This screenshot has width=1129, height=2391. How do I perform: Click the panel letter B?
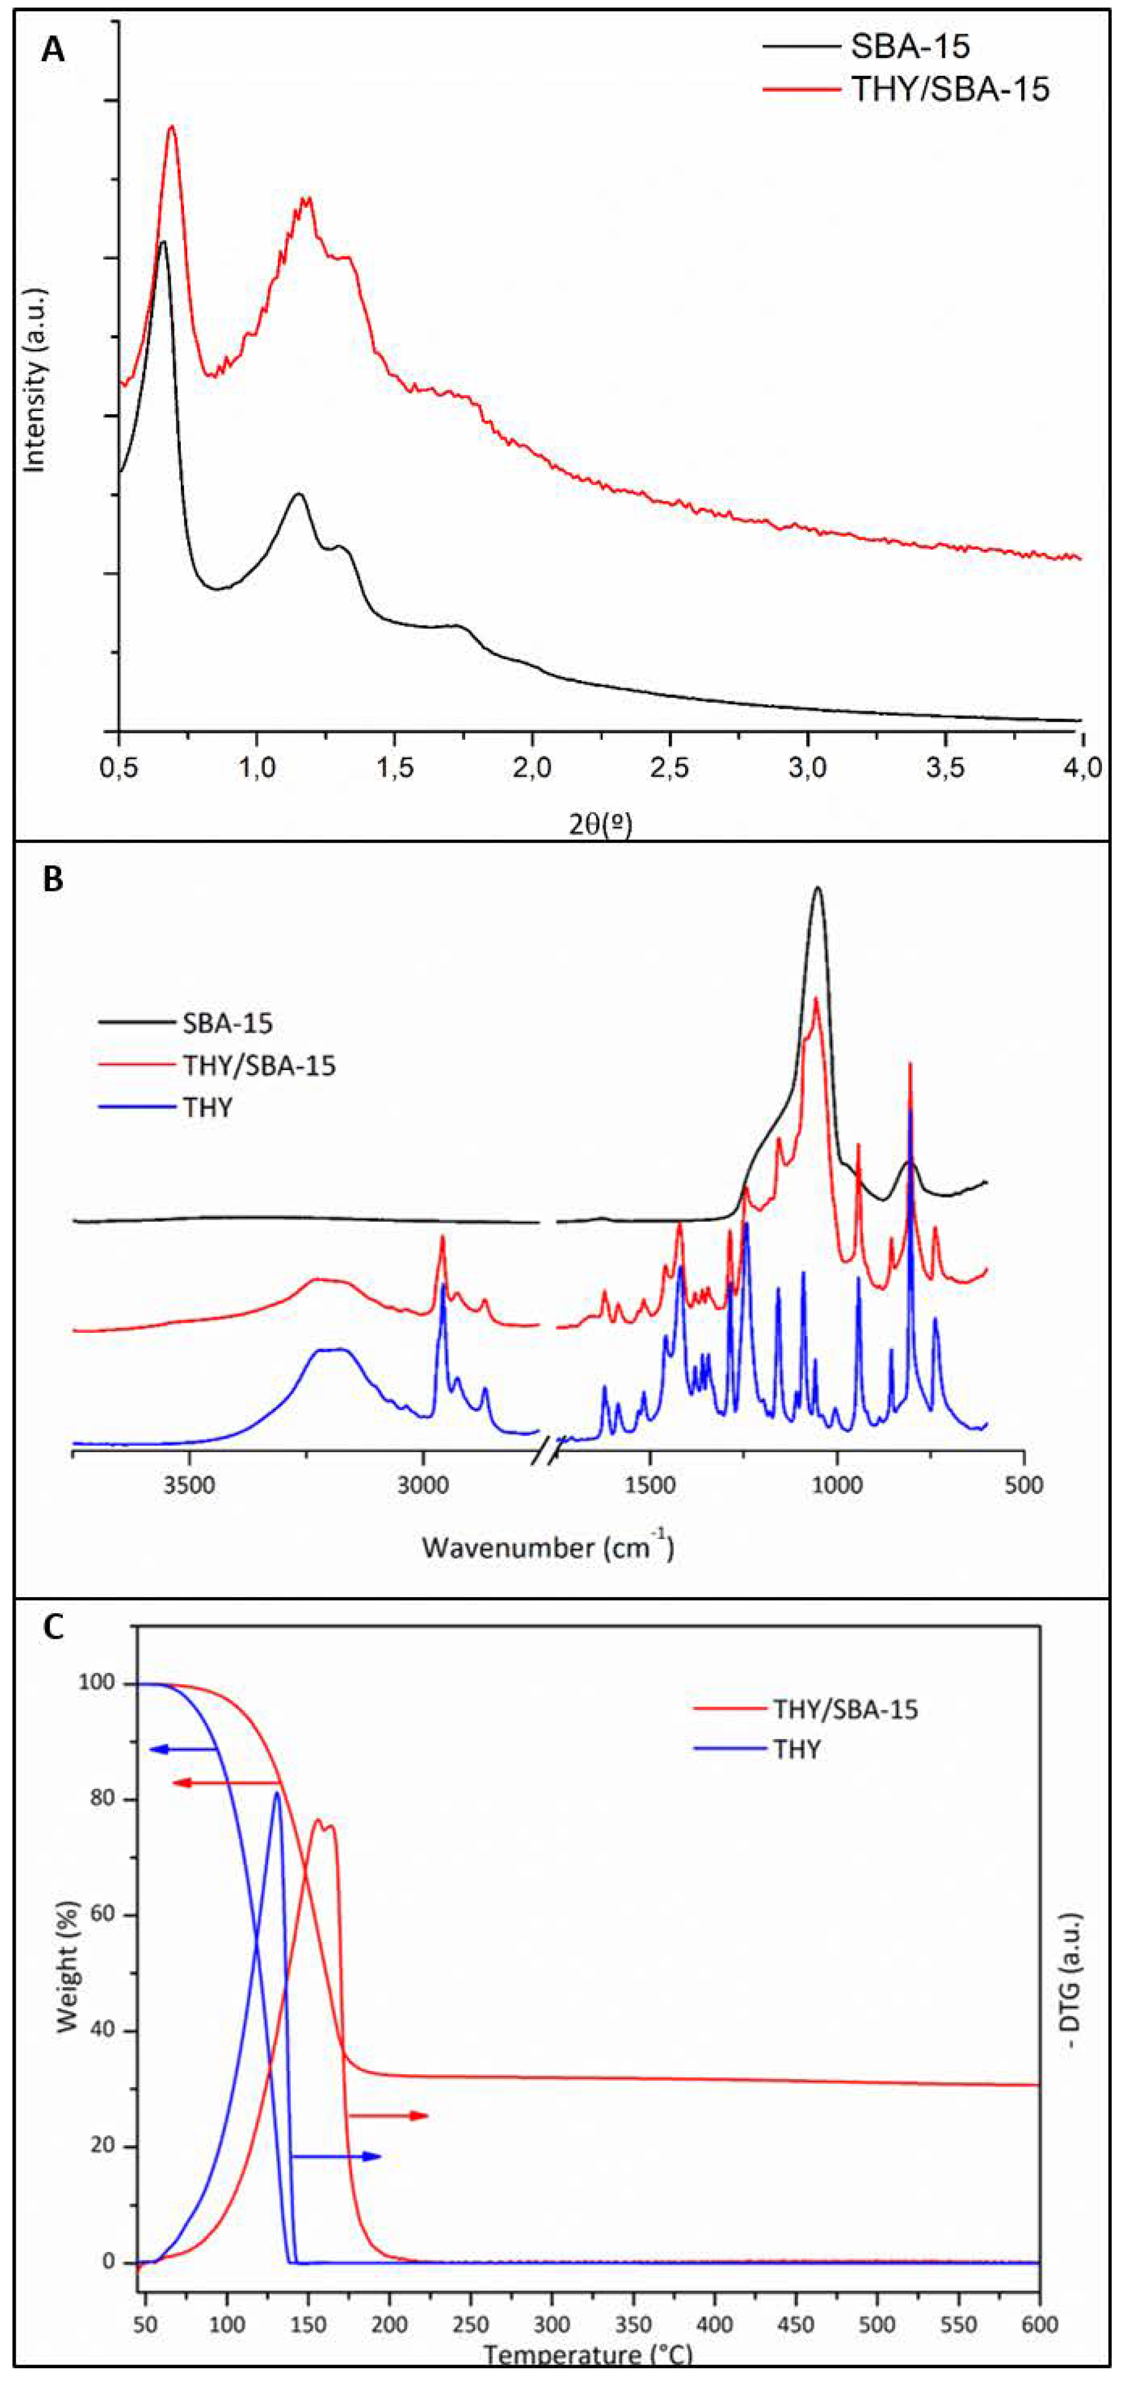(x=53, y=879)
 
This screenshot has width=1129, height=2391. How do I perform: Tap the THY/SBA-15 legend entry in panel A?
(x=949, y=89)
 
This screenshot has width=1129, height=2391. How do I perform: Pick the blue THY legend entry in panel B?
(x=208, y=1107)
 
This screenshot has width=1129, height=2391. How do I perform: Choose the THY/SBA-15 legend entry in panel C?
(x=845, y=1709)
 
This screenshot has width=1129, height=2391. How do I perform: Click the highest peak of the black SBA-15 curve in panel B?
(x=817, y=888)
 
